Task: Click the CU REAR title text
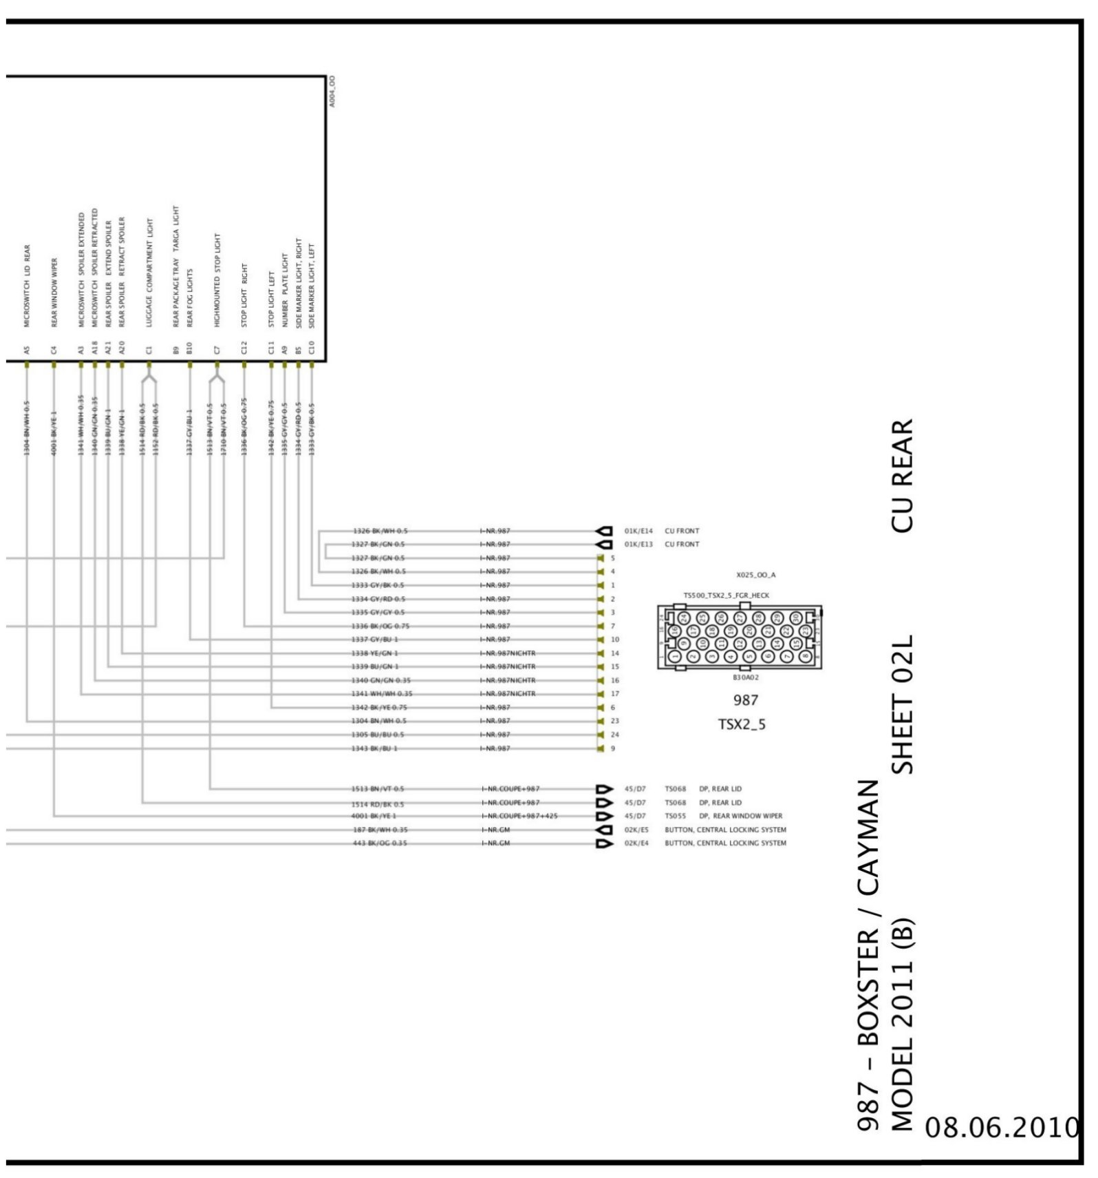903,475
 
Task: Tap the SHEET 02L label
903,704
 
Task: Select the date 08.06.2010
1002,1127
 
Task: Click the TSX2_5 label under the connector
742,724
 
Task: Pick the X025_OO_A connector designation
755,575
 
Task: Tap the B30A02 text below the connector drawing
746,677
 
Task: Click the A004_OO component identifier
332,91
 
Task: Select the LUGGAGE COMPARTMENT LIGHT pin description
150,273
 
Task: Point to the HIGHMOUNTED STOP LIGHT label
217,280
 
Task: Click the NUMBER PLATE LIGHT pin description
285,289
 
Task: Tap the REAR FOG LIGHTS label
190,297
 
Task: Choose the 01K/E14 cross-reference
638,531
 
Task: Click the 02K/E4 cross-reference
636,843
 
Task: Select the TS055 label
675,816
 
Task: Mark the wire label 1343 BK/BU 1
374,748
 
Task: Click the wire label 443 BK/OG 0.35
380,843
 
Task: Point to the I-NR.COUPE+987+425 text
519,816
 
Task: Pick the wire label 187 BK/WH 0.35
380,830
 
